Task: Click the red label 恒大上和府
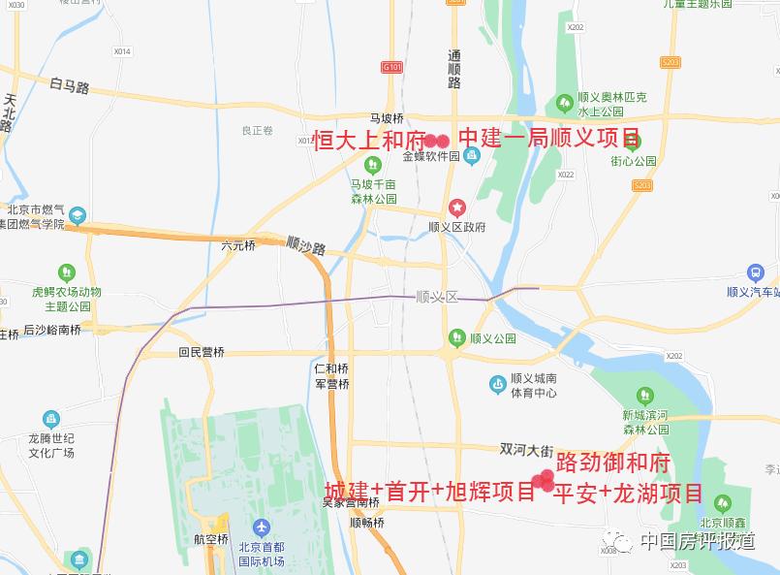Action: tap(369, 140)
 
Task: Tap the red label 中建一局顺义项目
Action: tap(548, 139)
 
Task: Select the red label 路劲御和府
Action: tap(612, 461)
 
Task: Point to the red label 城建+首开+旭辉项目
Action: tap(430, 492)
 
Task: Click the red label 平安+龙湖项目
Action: tap(628, 493)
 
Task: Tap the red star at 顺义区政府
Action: tap(456, 208)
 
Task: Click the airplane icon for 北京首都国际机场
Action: tap(261, 527)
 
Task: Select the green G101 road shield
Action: tap(390, 67)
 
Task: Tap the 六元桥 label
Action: tap(237, 245)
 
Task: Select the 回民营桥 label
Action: tap(202, 353)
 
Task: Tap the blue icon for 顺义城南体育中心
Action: tap(497, 385)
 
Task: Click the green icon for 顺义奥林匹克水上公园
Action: tap(564, 102)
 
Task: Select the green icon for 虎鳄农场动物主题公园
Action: tap(66, 272)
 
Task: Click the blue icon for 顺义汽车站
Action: tap(756, 273)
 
